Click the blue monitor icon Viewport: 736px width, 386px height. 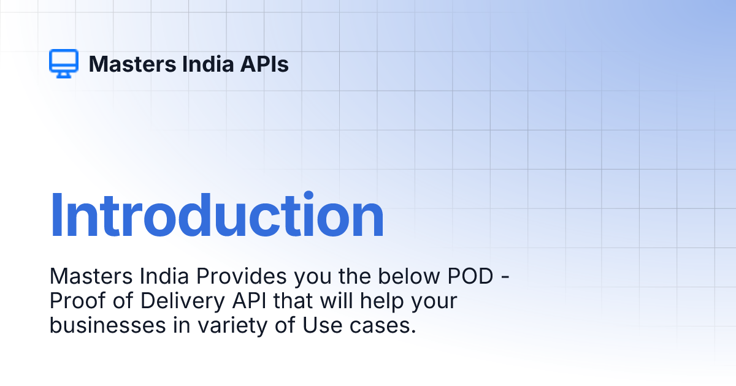click(64, 63)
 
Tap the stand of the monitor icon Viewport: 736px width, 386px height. click(64, 75)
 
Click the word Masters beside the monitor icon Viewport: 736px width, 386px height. click(132, 64)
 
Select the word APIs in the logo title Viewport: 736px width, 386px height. click(264, 64)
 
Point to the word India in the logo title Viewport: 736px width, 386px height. click(208, 64)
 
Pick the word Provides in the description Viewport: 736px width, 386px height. click(242, 276)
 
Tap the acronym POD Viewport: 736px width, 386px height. click(470, 276)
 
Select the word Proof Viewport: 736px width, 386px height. click(78, 301)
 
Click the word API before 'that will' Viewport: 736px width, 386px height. click(249, 301)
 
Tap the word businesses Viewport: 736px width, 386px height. click(108, 325)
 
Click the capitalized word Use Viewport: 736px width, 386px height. click(322, 325)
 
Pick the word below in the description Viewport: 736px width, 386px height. click(408, 276)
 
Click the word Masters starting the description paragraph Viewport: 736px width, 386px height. click(91, 276)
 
